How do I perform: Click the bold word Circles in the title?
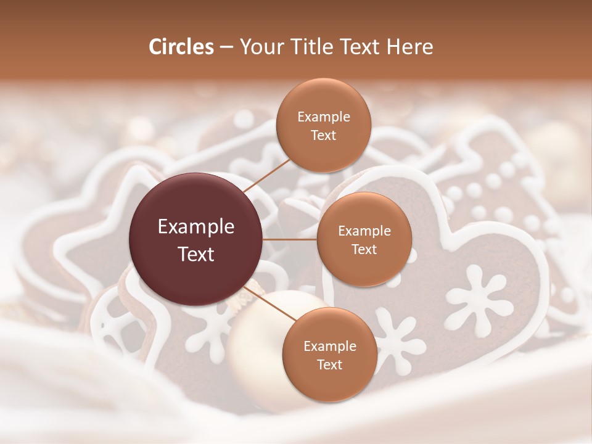point(181,47)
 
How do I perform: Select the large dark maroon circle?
point(196,240)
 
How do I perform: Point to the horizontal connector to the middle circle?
point(290,239)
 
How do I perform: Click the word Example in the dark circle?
point(196,227)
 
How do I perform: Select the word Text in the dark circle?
point(196,254)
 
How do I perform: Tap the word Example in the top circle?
point(323,117)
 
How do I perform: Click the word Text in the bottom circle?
point(329,364)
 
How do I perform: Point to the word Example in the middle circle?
point(364,231)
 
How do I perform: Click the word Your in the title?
point(260,47)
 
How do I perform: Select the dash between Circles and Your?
point(226,47)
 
